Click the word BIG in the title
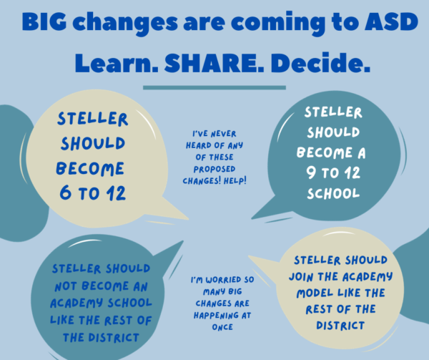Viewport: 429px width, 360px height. coord(44,21)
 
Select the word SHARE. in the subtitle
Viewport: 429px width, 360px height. coord(214,63)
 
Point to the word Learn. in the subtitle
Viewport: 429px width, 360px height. coord(117,63)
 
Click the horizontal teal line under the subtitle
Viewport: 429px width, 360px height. coord(214,87)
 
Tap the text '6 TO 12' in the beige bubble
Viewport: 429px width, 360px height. coord(93,193)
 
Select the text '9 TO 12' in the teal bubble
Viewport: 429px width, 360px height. coord(333,172)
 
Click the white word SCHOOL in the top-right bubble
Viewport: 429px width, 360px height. coord(333,193)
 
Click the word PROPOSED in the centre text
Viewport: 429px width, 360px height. coord(214,169)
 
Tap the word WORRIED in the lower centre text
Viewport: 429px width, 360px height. coord(220,280)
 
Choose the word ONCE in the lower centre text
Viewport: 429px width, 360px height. coord(222,327)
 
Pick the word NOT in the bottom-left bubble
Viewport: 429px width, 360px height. coord(66,286)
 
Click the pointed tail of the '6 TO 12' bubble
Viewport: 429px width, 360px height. coord(188,219)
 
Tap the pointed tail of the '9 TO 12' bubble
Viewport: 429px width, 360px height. coord(252,218)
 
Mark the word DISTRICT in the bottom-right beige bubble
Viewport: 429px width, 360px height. coord(340,326)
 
